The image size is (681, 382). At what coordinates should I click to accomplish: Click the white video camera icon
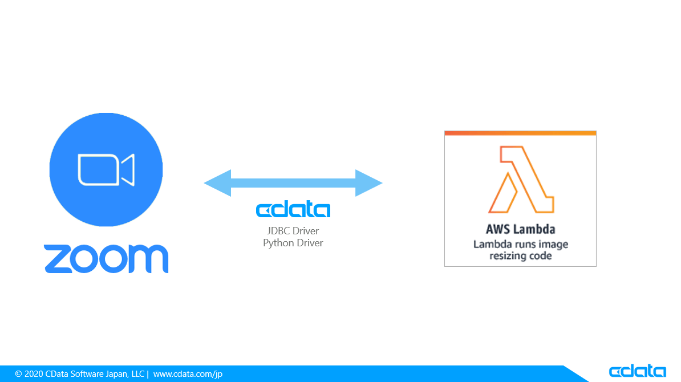pyautogui.click(x=106, y=169)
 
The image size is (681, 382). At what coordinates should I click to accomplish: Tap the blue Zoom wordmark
pyautogui.click(x=106, y=259)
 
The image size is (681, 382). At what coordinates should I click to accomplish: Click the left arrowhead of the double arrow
pyautogui.click(x=218, y=183)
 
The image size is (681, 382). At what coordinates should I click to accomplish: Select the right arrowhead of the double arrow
pyautogui.click(x=368, y=183)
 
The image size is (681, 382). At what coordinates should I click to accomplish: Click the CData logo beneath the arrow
pyautogui.click(x=293, y=210)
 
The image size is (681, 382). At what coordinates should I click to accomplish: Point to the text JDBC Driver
pyautogui.click(x=293, y=231)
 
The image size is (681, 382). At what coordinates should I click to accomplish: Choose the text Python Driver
pyautogui.click(x=293, y=243)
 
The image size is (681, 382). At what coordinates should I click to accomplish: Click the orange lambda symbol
pyautogui.click(x=520, y=179)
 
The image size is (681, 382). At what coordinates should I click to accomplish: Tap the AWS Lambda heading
pyautogui.click(x=520, y=229)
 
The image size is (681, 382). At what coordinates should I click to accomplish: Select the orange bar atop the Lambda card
pyautogui.click(x=520, y=133)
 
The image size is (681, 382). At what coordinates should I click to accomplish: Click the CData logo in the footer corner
pyautogui.click(x=637, y=371)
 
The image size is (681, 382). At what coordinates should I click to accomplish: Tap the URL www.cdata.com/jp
pyautogui.click(x=188, y=374)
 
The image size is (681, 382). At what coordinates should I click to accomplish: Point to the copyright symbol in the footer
pyautogui.click(x=18, y=374)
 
